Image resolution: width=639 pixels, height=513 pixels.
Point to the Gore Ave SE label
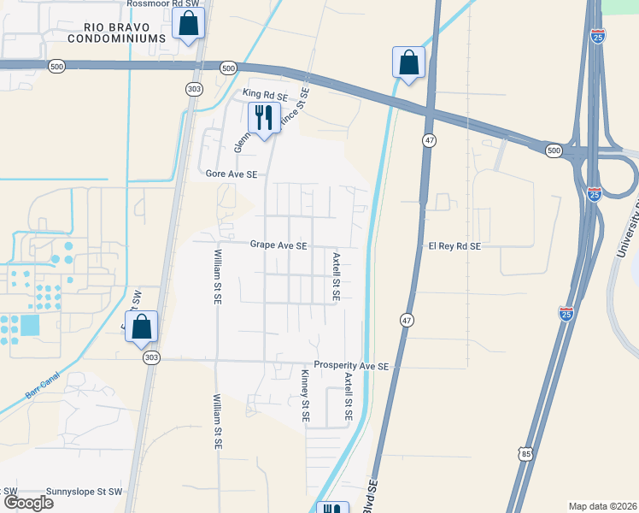click(x=232, y=174)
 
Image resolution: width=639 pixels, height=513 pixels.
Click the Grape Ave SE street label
click(x=278, y=245)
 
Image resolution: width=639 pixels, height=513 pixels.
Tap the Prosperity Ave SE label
click(x=351, y=365)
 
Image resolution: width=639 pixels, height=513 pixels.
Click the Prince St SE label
click(x=296, y=109)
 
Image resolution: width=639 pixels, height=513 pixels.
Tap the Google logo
click(x=28, y=503)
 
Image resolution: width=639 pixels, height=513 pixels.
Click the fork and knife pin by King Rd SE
click(x=264, y=117)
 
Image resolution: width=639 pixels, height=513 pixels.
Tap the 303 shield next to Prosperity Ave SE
click(x=151, y=359)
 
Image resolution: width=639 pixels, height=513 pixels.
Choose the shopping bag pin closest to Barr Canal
click(x=142, y=327)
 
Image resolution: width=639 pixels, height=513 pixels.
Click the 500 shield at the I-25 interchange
click(x=554, y=150)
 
